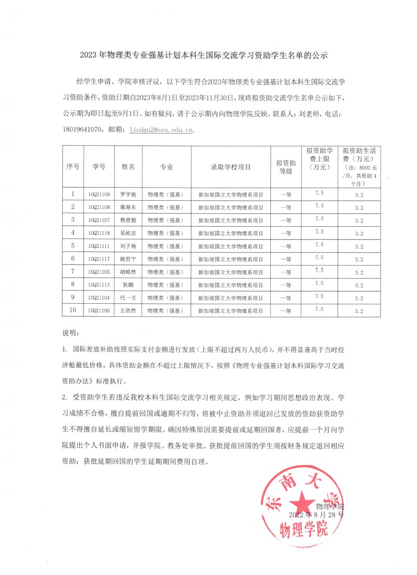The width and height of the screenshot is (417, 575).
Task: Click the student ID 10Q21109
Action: coord(99,194)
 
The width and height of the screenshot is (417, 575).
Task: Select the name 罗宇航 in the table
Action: coord(128,194)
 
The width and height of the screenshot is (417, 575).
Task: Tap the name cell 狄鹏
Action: coord(128,285)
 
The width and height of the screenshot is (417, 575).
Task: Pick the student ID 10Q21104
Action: coord(99,297)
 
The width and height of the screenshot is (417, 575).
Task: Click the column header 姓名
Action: coord(128,166)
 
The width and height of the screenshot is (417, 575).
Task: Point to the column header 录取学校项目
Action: coord(230,166)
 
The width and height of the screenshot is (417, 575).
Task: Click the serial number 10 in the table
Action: coord(73,310)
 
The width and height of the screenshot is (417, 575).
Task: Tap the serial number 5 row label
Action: coord(73,246)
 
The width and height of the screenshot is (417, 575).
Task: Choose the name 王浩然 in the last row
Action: coord(128,310)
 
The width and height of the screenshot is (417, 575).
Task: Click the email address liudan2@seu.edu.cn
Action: coord(161,130)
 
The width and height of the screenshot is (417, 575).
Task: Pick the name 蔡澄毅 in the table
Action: coord(128,220)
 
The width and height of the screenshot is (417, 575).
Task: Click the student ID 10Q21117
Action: coord(99,259)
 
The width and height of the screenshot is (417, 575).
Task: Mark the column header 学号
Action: coord(99,166)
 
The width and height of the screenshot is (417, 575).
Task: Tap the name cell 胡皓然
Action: coord(128,272)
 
